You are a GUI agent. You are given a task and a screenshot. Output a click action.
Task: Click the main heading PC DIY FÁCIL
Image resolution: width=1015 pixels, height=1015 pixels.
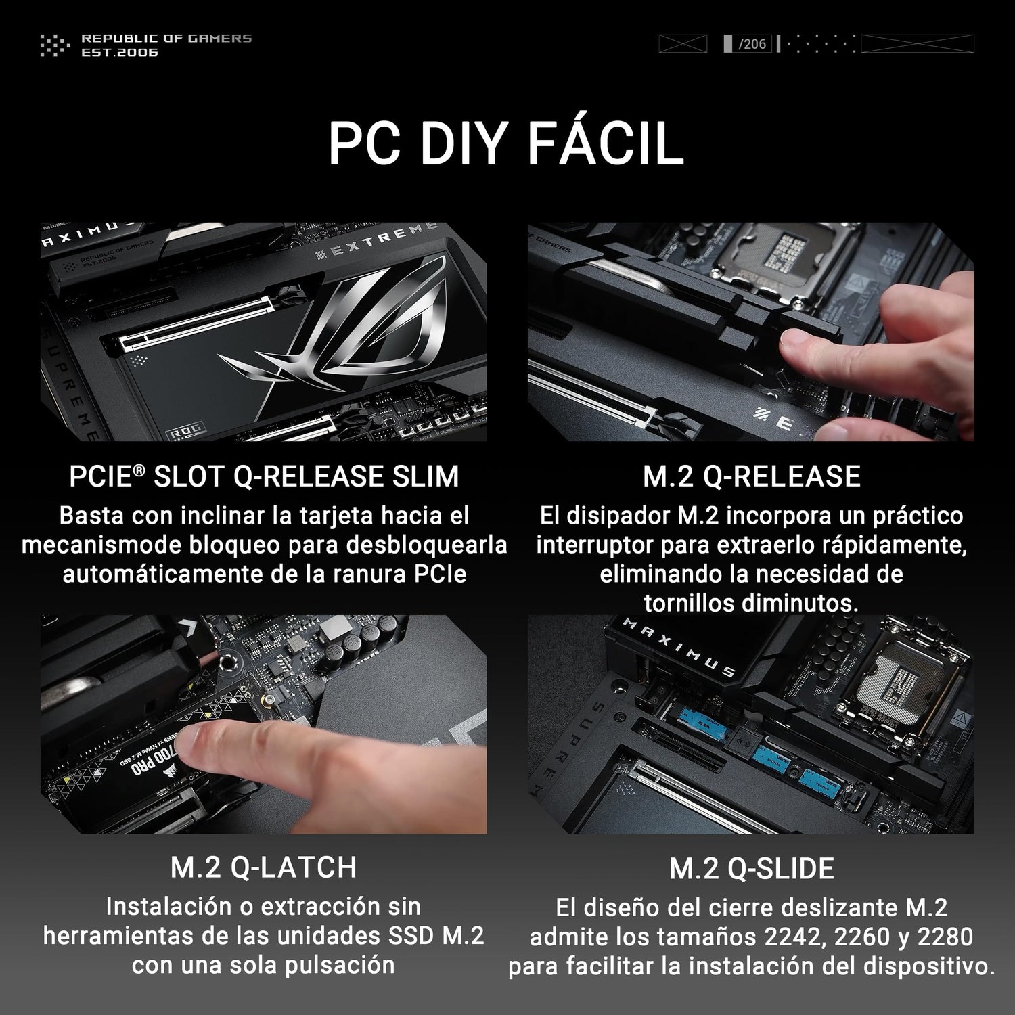[x=506, y=143]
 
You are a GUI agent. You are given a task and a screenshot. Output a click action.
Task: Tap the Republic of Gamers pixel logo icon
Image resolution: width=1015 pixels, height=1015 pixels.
[x=55, y=45]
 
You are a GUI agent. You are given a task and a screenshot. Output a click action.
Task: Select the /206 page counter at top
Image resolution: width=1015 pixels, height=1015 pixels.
[x=752, y=44]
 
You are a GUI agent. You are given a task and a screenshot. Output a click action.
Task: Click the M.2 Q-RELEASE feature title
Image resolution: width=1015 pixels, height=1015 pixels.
[x=751, y=476]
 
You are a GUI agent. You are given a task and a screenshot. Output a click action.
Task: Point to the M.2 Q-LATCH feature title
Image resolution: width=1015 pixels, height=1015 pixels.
[x=264, y=867]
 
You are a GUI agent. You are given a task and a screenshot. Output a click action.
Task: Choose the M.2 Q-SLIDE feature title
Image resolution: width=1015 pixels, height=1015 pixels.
[x=751, y=869]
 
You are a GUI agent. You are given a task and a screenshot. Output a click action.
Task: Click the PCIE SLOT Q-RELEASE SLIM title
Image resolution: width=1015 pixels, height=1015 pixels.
[x=264, y=476]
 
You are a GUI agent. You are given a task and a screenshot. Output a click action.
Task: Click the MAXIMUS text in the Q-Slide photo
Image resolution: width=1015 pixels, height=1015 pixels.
[x=679, y=647]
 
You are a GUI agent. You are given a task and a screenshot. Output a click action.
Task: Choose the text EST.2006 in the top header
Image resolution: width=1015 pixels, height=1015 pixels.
[x=120, y=52]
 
